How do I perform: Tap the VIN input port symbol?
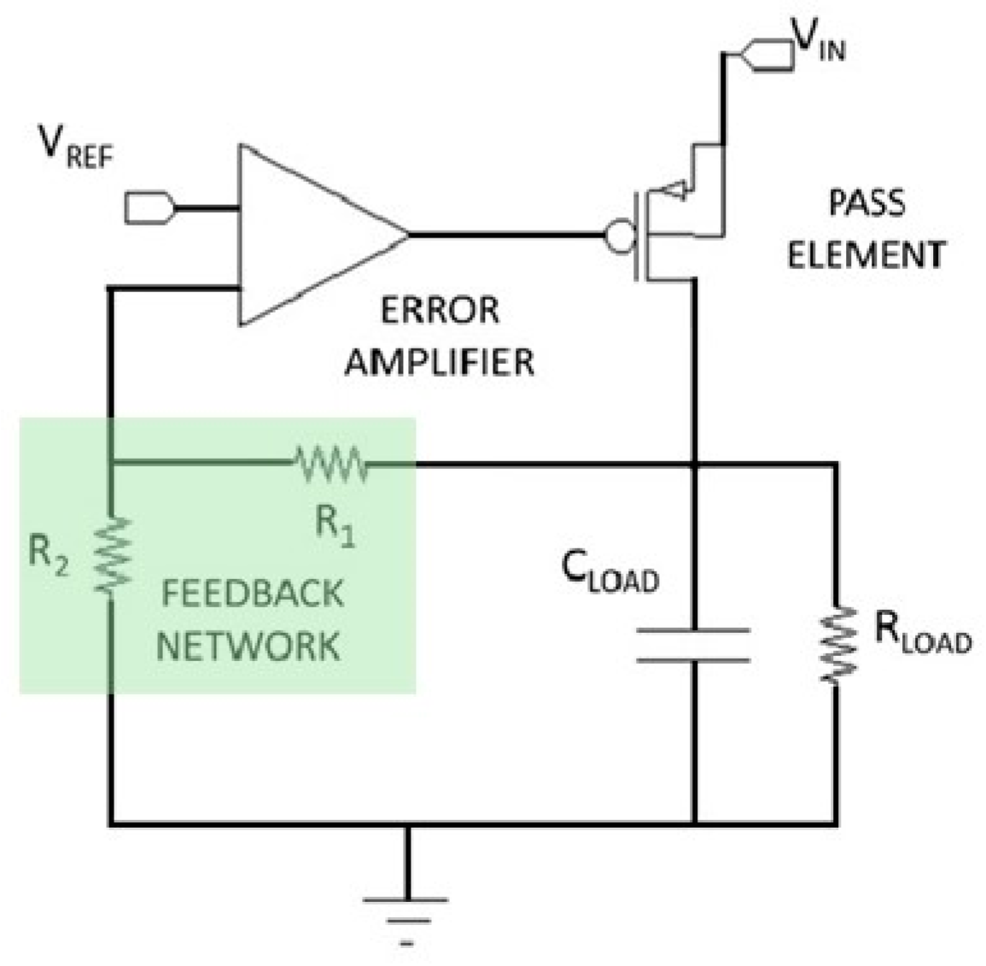[763, 55]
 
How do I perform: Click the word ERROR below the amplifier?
[440, 309]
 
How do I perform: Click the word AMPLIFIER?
[440, 360]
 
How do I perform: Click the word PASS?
[866, 204]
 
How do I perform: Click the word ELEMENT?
[866, 255]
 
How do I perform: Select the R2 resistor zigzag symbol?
[112, 556]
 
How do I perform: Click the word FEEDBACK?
[253, 593]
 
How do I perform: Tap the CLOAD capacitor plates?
[694, 645]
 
